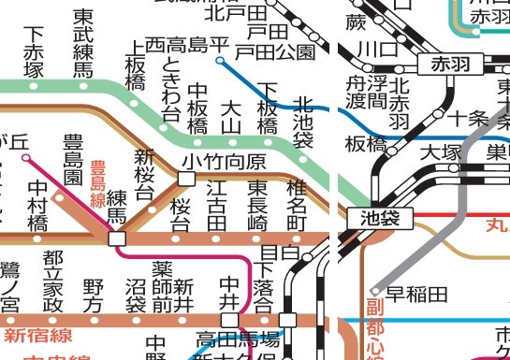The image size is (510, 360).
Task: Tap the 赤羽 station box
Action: click(453, 65)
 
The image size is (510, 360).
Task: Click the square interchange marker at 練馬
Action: click(117, 238)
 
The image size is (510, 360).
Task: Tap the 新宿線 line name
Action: click(38, 333)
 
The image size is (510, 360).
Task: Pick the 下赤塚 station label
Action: click(35, 53)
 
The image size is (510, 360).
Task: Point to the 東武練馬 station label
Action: click(82, 43)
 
